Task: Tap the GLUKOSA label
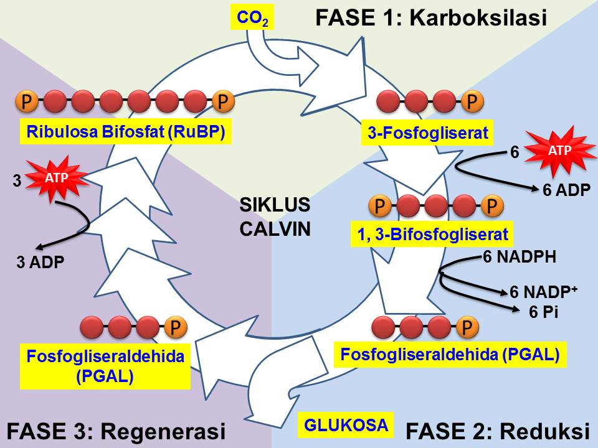[x=346, y=425]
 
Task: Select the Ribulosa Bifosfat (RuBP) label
[x=126, y=132]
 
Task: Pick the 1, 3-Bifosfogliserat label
[x=432, y=235]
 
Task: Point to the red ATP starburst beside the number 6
[x=559, y=150]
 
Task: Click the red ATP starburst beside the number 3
[x=57, y=177]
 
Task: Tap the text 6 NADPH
[x=519, y=257]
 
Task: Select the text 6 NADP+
[x=543, y=292]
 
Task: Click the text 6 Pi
[x=543, y=312]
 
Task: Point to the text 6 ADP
[x=566, y=190]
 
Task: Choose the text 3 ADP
[x=40, y=262]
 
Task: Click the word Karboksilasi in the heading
[x=478, y=17]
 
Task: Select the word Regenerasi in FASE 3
[x=163, y=432]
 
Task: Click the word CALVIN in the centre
[x=275, y=230]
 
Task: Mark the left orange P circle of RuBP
[x=27, y=101]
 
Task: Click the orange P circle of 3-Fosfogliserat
[x=472, y=101]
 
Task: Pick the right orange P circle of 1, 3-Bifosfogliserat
[x=492, y=206]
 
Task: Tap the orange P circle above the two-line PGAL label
[x=176, y=327]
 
